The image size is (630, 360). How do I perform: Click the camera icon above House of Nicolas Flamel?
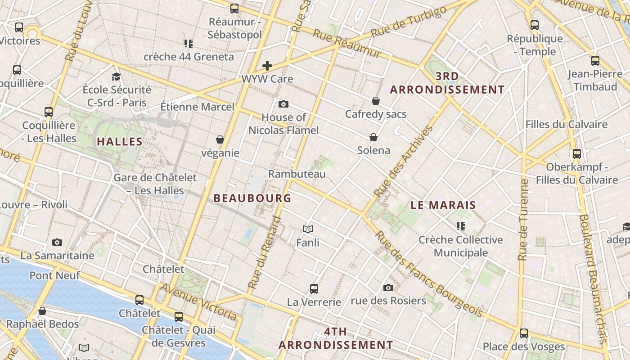click(x=283, y=104)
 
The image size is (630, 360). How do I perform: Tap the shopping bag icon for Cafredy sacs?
click(x=376, y=101)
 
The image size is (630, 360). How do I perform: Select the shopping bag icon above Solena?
click(x=373, y=137)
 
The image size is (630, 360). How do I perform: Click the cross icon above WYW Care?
click(x=267, y=66)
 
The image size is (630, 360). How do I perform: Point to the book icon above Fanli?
click(x=308, y=229)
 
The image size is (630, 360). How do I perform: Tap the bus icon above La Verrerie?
click(x=314, y=289)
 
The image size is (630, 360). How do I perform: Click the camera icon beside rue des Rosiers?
click(x=388, y=288)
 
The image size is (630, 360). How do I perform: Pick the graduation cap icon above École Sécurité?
click(x=117, y=76)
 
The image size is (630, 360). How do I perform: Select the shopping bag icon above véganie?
click(x=220, y=139)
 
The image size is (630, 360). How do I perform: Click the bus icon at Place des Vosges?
click(x=523, y=333)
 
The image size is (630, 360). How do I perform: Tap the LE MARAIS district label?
click(x=443, y=205)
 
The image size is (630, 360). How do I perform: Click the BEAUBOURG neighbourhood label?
click(x=252, y=198)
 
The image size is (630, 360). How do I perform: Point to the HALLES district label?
click(x=120, y=142)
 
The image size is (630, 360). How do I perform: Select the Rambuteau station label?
click(x=297, y=174)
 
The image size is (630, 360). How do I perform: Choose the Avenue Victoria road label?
click(x=198, y=302)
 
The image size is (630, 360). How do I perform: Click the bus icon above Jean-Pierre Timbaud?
click(x=595, y=61)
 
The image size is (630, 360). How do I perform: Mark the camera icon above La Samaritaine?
click(x=57, y=243)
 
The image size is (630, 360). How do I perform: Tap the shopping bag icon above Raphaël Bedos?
click(x=42, y=311)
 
